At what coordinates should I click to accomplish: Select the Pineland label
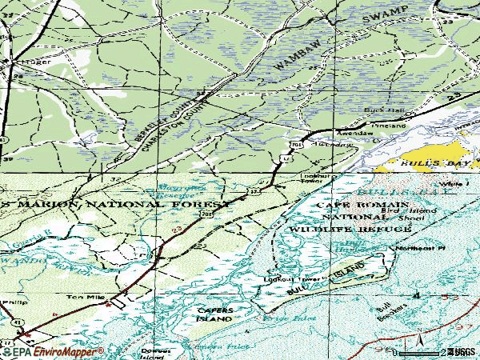pos(391,126)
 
